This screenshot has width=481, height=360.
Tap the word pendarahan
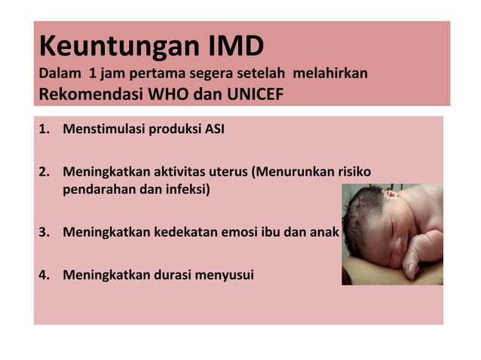click(x=96, y=189)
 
